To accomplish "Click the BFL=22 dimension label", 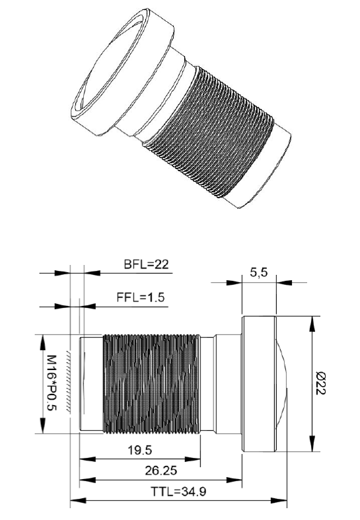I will [x=147, y=265].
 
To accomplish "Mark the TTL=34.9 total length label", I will [x=180, y=492].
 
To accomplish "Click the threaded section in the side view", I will [x=151, y=384].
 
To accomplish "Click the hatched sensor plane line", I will [x=71, y=384].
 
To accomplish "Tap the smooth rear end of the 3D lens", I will [x=268, y=172].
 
